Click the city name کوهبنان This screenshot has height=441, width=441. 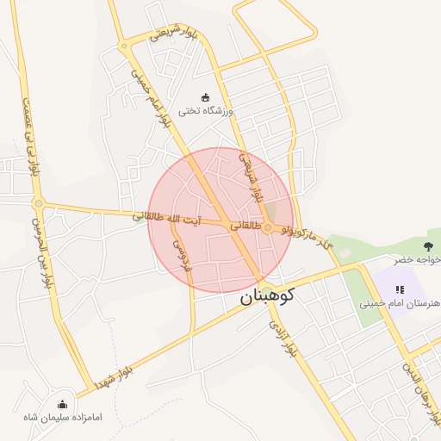coord(265,295)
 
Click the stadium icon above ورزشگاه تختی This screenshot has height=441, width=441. coord(205,96)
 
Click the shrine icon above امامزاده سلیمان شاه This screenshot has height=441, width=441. coord(62,404)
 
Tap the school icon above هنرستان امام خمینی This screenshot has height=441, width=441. coord(399,289)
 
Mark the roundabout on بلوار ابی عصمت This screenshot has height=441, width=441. coord(38,203)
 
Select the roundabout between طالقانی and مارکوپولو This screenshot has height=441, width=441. coord(269,228)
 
